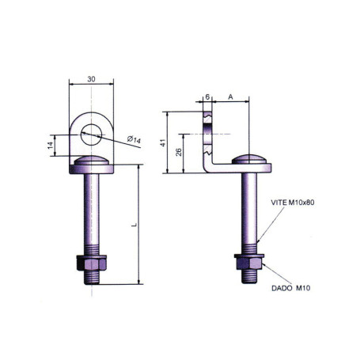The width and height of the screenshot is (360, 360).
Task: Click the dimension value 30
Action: pos(93,79)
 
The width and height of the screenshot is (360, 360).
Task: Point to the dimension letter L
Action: pos(134,225)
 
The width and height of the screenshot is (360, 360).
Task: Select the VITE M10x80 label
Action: pos(292,203)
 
